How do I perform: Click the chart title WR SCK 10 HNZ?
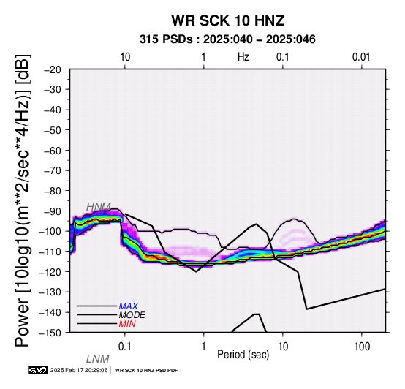pyautogui.click(x=228, y=20)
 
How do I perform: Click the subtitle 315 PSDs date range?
pyautogui.click(x=227, y=39)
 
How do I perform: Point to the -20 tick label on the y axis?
pyautogui.click(x=53, y=69)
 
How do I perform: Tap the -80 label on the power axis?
pyautogui.click(x=53, y=191)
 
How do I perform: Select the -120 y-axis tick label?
pyautogui.click(x=50, y=272)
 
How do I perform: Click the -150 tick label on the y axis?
pyautogui.click(x=50, y=333)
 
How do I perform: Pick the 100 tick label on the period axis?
pyautogui.click(x=362, y=347)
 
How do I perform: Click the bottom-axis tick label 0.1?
pyautogui.click(x=124, y=347)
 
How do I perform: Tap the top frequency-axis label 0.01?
pyautogui.click(x=361, y=57)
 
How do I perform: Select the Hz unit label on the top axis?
pyautogui.click(x=243, y=57)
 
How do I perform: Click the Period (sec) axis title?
pyautogui.click(x=243, y=355)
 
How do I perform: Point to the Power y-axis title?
pyautogui.click(x=23, y=200)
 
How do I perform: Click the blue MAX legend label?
pyautogui.click(x=129, y=306)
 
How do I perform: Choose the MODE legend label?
pyautogui.click(x=132, y=315)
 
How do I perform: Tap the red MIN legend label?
pyautogui.click(x=127, y=324)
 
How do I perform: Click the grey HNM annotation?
pyautogui.click(x=99, y=207)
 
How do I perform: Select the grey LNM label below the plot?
pyautogui.click(x=98, y=359)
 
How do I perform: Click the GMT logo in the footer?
pyautogui.click(x=38, y=370)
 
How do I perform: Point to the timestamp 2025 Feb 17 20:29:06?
pyautogui.click(x=79, y=370)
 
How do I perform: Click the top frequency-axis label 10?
pyautogui.click(x=125, y=57)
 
